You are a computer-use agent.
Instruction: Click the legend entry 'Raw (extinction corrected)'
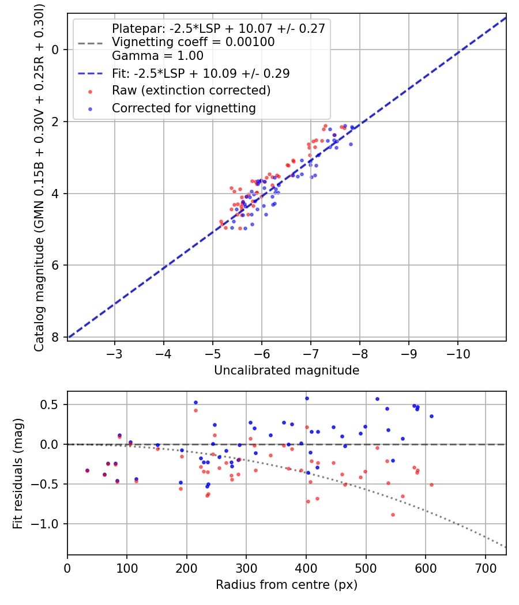coord(191,90)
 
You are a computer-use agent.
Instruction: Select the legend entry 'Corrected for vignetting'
coord(183,108)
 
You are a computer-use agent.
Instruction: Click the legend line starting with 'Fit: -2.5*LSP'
coord(200,73)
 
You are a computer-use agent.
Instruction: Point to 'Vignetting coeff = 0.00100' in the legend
coord(193,42)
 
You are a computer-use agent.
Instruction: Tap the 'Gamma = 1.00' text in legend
coord(157,56)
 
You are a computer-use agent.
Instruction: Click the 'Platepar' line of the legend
coord(218,28)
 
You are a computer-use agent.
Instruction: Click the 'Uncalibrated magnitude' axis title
coord(287,370)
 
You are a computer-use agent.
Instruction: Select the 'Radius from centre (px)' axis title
coord(287,585)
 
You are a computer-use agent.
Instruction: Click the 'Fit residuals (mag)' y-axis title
coord(18,473)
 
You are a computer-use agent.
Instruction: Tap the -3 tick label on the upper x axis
coord(114,353)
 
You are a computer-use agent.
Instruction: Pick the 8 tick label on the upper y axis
coord(55,337)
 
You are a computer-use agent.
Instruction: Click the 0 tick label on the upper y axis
coord(55,50)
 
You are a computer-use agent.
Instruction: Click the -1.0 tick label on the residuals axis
coord(48,524)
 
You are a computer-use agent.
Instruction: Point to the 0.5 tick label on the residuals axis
coord(52,404)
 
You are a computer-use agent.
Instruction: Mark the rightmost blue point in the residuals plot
coord(431,416)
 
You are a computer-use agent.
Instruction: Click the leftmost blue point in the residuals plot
coord(87,471)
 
